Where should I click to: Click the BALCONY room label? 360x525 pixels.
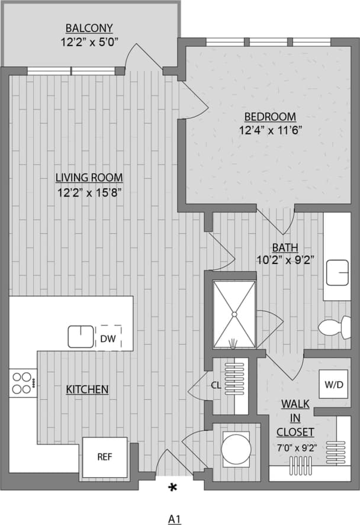pos(89,28)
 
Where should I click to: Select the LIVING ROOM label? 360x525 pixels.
pos(89,177)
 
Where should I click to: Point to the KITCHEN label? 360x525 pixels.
pos(87,389)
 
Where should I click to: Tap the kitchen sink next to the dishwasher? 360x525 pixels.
pos(81,337)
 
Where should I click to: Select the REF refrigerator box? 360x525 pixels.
pos(104,457)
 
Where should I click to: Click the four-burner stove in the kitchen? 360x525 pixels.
pos(22,382)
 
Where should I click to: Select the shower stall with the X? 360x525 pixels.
pos(234,314)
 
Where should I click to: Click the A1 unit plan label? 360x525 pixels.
pos(174,519)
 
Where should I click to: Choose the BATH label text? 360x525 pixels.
pos(285,247)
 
